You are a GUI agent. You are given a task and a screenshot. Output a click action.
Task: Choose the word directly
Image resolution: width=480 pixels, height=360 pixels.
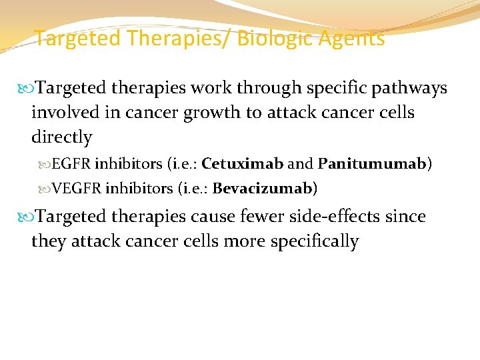coord(61,137)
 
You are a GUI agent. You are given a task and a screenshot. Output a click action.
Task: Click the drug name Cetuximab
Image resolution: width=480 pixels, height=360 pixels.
coord(243,164)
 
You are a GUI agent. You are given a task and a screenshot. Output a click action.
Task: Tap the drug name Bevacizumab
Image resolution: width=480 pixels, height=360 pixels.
coord(263,189)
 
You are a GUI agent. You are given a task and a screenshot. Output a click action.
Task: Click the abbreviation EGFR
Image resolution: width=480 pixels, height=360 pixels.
coord(72,164)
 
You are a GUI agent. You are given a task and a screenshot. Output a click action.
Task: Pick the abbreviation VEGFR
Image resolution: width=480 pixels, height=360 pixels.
coord(77,189)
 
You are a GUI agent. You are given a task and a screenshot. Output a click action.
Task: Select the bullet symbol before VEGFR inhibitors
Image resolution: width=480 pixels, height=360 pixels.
coord(46,189)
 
